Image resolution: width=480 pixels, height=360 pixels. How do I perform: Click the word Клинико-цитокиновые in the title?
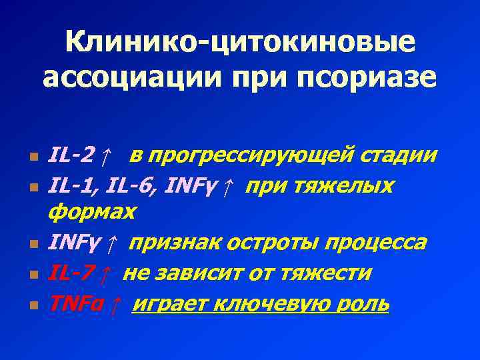(x=240, y=43)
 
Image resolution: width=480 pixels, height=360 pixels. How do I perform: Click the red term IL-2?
(x=71, y=155)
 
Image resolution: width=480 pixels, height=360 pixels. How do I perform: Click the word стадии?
(x=405, y=155)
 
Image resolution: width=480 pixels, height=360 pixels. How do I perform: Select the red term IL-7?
(x=71, y=273)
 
